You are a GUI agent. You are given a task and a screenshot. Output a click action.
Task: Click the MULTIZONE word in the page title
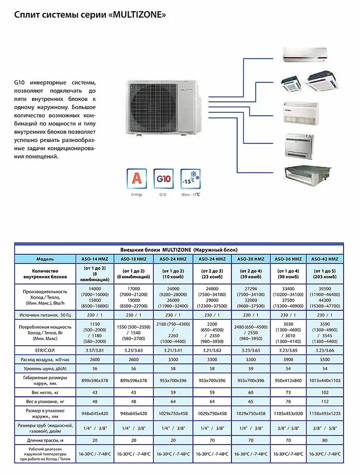(139, 15)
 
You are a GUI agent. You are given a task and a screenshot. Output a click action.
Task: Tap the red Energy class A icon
(136, 179)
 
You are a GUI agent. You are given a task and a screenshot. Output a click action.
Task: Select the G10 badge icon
(163, 179)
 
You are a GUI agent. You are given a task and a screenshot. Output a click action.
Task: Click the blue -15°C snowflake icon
(190, 179)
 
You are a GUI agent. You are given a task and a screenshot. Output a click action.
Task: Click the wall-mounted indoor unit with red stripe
(304, 54)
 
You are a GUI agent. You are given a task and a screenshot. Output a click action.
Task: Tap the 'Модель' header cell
(45, 259)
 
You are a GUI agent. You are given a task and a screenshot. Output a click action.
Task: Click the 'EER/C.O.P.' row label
(45, 350)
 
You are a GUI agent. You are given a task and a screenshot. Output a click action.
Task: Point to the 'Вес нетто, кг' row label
(45, 392)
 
